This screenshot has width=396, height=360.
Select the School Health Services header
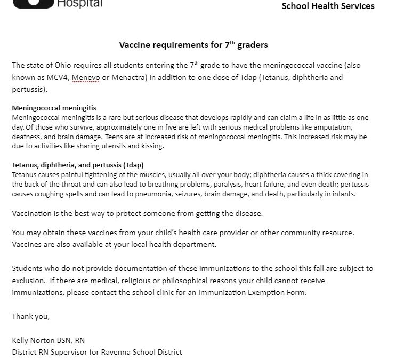[328, 6]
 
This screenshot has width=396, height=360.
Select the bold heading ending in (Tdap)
[77, 165]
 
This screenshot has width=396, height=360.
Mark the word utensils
[140, 147]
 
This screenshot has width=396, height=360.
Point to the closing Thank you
[30, 317]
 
